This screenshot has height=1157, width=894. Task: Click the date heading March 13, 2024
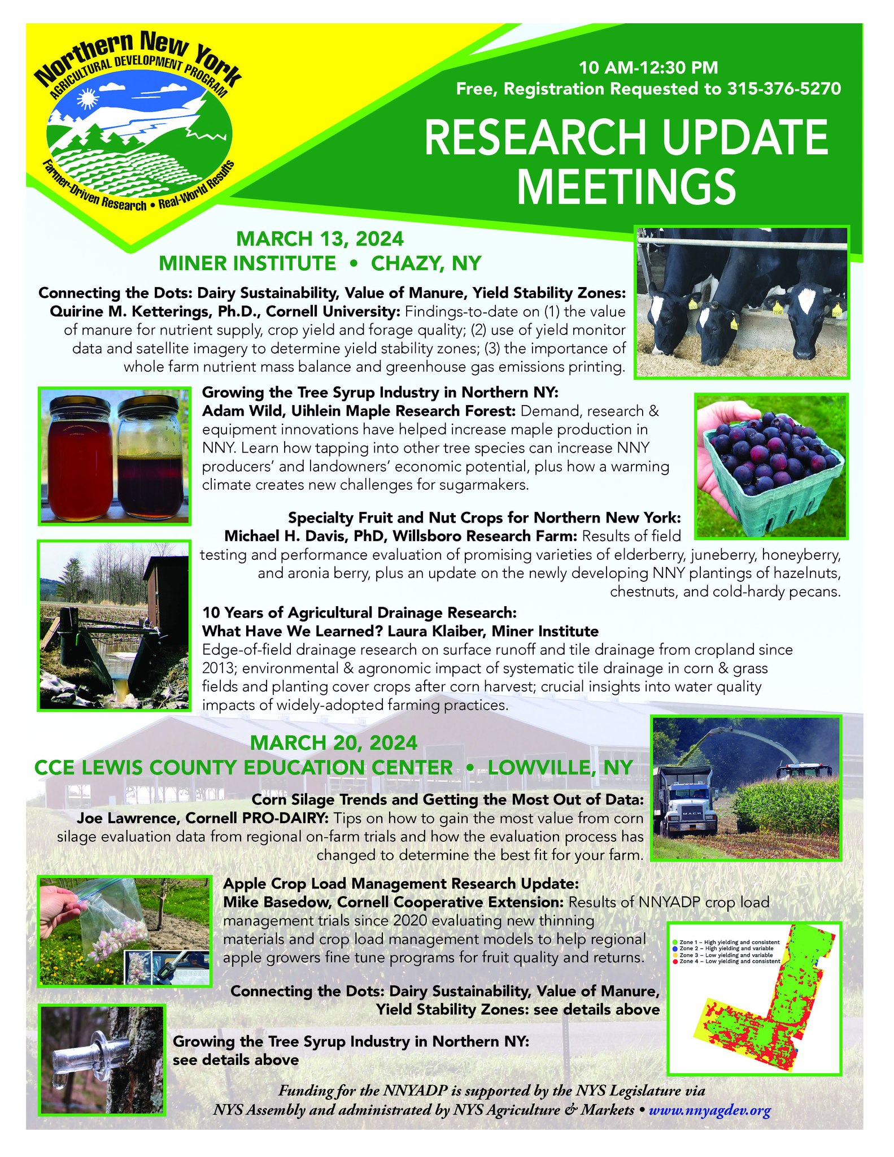(320, 238)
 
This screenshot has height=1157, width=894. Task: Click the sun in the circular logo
(87, 100)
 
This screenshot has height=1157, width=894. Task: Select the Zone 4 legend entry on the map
(729, 961)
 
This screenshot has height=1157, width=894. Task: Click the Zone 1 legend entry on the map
(729, 942)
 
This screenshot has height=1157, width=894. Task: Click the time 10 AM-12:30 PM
(648, 68)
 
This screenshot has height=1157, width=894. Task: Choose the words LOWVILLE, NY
(560, 767)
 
